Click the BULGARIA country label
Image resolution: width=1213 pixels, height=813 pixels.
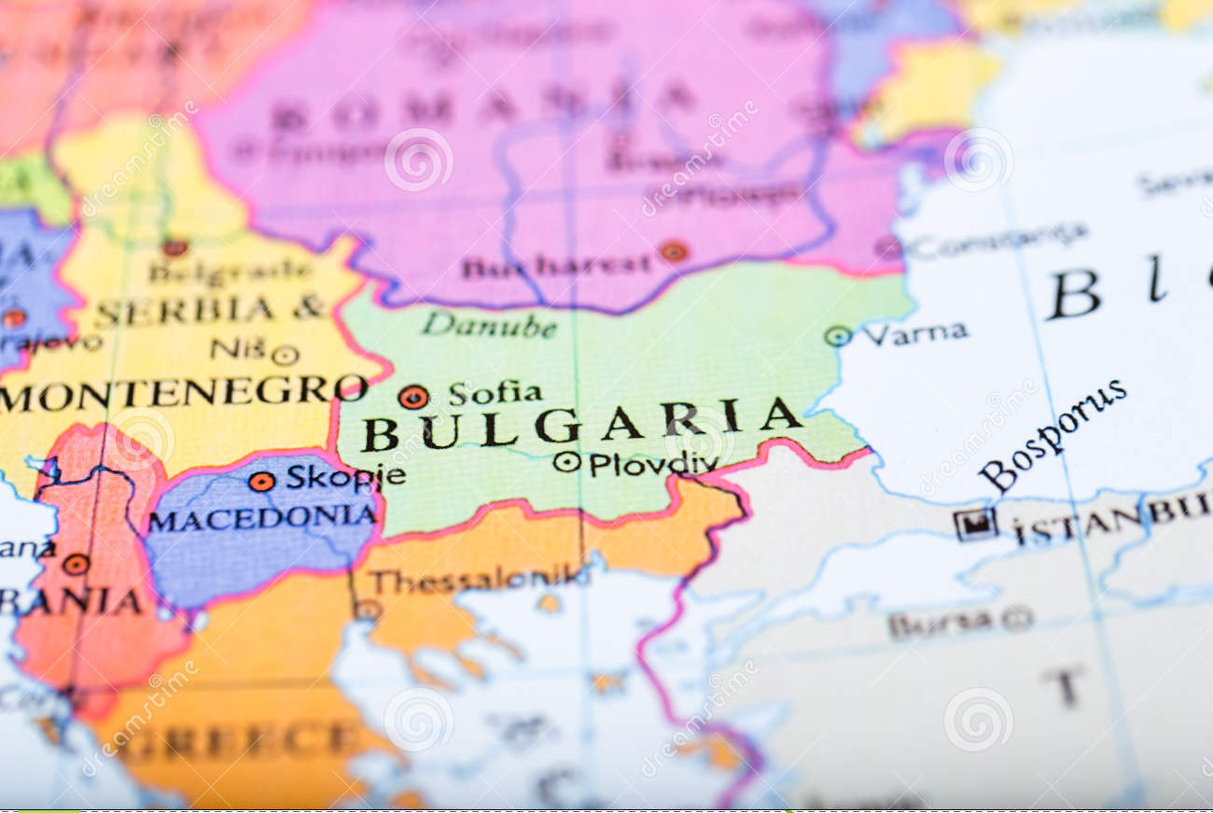[580, 424]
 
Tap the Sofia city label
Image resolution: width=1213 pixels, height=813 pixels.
[495, 393]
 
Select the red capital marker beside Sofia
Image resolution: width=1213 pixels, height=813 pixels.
[412, 397]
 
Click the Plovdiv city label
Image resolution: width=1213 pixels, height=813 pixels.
[653, 464]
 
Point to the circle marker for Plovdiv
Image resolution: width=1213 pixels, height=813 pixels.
[565, 461]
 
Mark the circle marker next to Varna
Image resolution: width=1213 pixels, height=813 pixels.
[837, 336]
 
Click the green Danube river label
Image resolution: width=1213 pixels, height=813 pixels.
[488, 326]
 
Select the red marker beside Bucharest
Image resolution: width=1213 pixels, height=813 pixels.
[672, 250]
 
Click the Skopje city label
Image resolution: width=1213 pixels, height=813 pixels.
[345, 477]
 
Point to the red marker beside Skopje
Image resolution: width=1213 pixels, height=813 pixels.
[261, 482]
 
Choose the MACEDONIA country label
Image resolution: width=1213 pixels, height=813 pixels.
[262, 517]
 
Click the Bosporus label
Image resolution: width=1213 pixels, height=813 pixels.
[1052, 435]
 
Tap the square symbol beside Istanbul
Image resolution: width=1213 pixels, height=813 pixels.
[975, 525]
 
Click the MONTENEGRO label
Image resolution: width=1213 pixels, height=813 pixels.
[183, 392]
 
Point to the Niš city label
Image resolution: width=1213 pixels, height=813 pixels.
[239, 349]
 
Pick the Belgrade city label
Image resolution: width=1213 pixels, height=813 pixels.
[230, 272]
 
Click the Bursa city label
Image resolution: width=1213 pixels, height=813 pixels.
[939, 623]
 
